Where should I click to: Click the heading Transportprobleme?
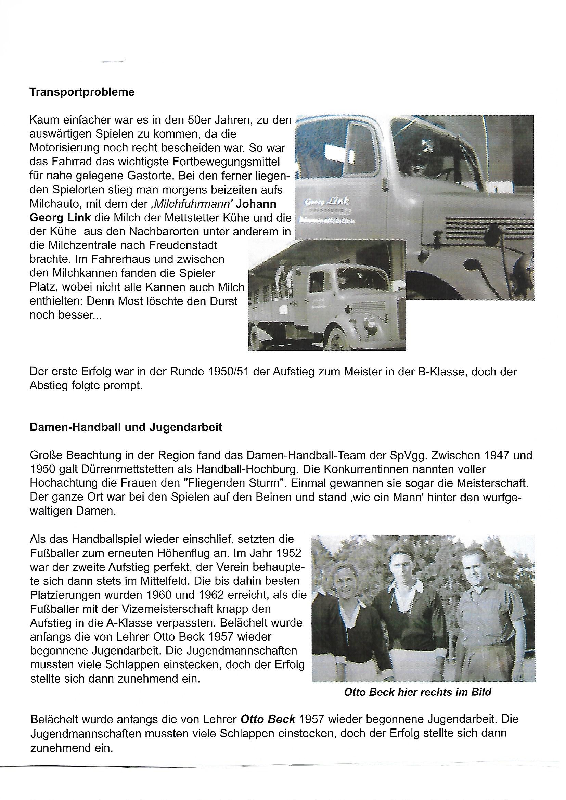tap(82, 93)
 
